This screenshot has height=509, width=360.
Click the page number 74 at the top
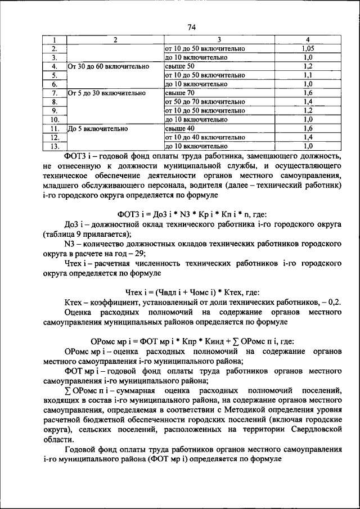click(191, 27)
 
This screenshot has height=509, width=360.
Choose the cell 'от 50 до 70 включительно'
click(201, 102)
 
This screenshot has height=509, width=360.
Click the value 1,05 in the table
click(307, 48)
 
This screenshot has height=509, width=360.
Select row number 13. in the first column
click(55, 146)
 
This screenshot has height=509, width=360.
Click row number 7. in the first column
click(55, 93)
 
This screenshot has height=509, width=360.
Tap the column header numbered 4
click(307, 39)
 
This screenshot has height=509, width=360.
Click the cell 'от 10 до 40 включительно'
click(201, 137)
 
